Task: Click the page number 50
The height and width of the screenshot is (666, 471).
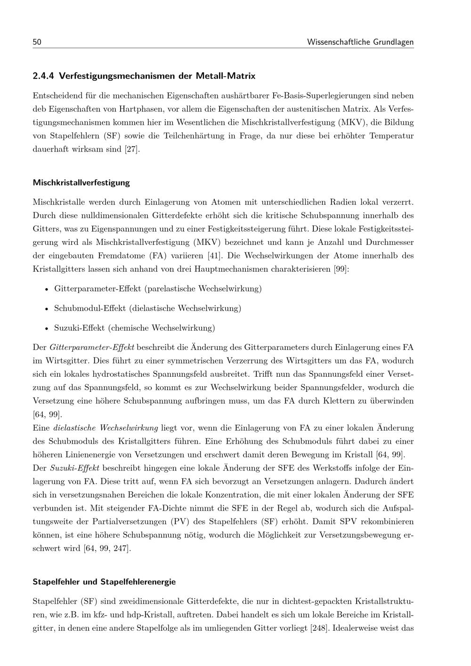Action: (37, 42)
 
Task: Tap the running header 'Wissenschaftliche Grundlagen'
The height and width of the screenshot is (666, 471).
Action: (360, 42)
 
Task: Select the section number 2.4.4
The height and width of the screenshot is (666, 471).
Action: (44, 75)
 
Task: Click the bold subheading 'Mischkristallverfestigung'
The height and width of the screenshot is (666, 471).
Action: (81, 182)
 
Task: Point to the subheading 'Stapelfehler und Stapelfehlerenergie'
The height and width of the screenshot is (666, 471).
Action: (104, 582)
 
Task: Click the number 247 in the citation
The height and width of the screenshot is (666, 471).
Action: (120, 548)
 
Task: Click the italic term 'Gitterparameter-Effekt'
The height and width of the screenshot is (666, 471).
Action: (92, 348)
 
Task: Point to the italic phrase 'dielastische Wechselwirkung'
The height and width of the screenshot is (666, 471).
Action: (106, 428)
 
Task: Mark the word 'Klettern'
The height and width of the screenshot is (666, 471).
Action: (338, 401)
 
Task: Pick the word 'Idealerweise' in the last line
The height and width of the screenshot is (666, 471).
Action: (358, 628)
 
